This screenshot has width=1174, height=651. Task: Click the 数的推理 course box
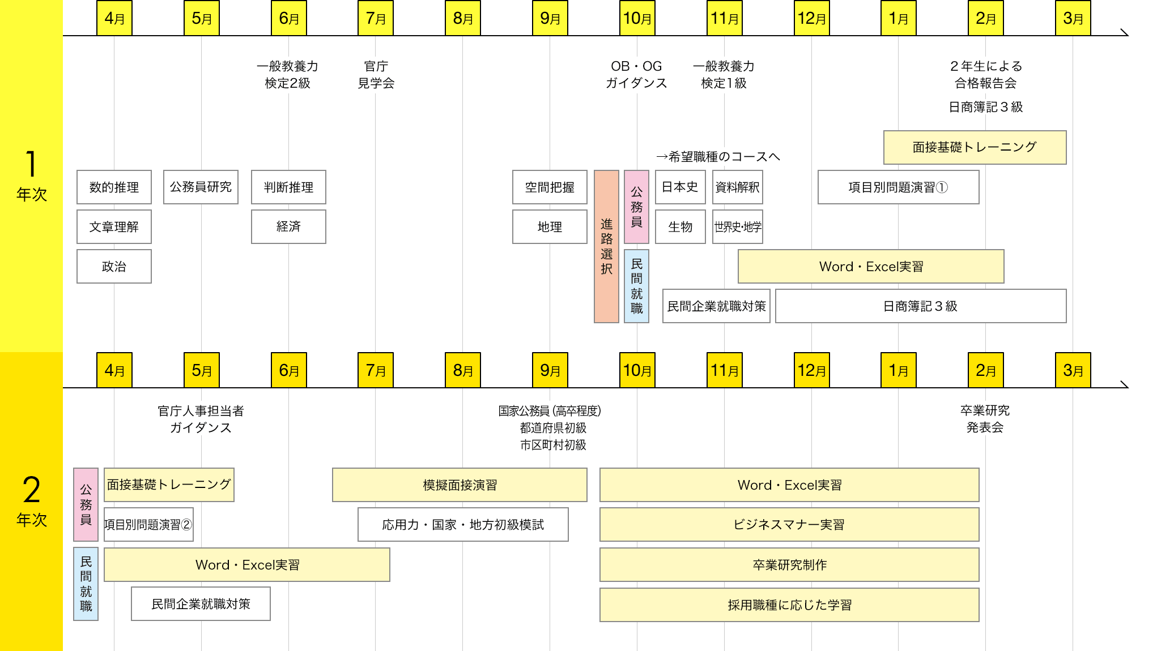[114, 187]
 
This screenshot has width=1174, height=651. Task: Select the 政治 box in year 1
[114, 267]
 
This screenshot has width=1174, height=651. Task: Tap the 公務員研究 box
[201, 187]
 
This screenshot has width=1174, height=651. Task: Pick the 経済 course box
[288, 227]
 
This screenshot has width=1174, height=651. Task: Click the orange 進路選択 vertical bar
[606, 246]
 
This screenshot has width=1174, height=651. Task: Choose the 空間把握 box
[550, 187]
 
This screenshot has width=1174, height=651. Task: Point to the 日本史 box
[680, 187]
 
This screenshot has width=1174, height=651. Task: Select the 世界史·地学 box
[737, 227]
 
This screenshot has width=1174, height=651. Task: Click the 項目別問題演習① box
[898, 187]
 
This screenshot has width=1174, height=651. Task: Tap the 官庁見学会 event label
[376, 75]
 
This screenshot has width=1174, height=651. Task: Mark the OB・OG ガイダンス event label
[636, 75]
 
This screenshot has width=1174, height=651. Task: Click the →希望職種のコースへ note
[717, 157]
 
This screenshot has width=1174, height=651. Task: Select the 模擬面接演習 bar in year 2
[460, 485]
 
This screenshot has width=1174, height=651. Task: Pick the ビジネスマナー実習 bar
[789, 525]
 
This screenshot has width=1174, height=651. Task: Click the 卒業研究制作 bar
[789, 565]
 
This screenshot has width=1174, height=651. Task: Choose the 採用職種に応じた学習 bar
[789, 605]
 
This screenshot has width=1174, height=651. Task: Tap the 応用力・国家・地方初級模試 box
[463, 525]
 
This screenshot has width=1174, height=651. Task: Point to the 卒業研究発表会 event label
[985, 419]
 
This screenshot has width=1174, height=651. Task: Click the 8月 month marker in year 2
[463, 370]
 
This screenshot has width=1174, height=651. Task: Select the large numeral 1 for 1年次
[31, 164]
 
